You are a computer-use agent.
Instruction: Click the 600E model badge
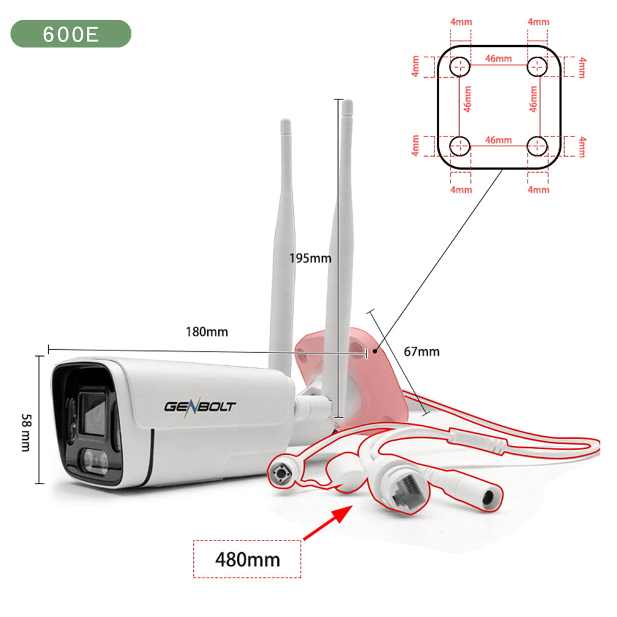71,34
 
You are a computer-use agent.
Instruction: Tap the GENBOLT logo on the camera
200,406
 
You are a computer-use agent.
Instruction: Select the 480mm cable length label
247,559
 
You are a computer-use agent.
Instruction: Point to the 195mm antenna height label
310,258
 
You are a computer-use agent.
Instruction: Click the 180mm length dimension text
207,332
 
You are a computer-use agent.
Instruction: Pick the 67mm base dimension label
421,352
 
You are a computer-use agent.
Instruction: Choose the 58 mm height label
26,433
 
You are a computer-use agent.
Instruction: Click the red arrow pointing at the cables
328,523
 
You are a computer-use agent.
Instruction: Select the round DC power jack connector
488,498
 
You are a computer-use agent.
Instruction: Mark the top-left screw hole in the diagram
460,67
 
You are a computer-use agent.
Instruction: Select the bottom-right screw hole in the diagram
537,146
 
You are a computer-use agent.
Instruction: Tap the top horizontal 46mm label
498,59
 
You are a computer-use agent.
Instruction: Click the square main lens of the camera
93,413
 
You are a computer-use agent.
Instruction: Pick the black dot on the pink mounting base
375,351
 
